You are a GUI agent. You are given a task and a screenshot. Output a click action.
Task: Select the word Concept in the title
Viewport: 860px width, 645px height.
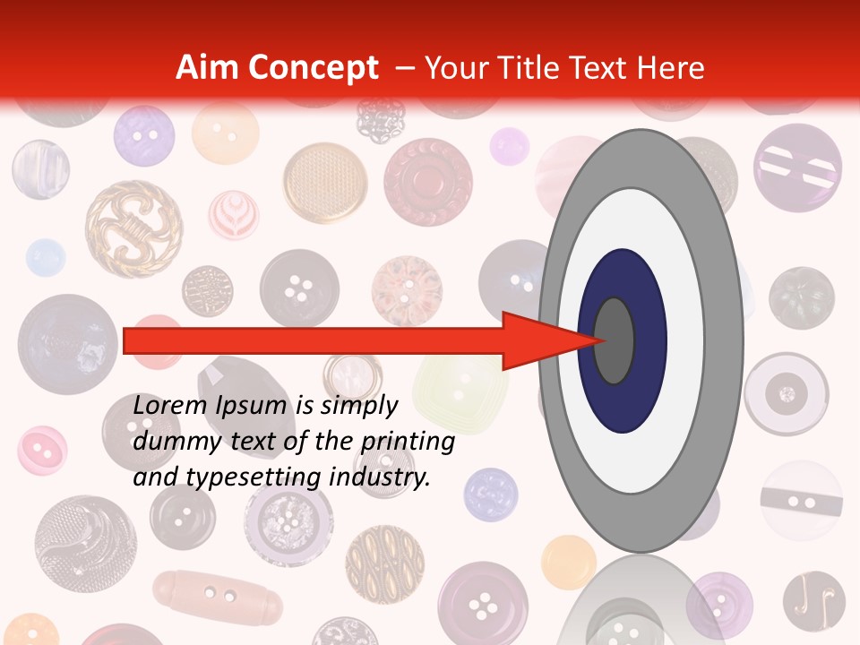313,69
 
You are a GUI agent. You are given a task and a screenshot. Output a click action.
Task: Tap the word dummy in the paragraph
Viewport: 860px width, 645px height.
170,442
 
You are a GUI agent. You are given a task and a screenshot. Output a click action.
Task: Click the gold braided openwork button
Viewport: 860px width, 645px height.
133,229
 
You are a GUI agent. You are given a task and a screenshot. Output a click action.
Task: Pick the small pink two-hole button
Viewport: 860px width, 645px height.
42,450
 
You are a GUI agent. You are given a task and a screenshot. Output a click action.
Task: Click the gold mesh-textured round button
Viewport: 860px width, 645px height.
325,183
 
